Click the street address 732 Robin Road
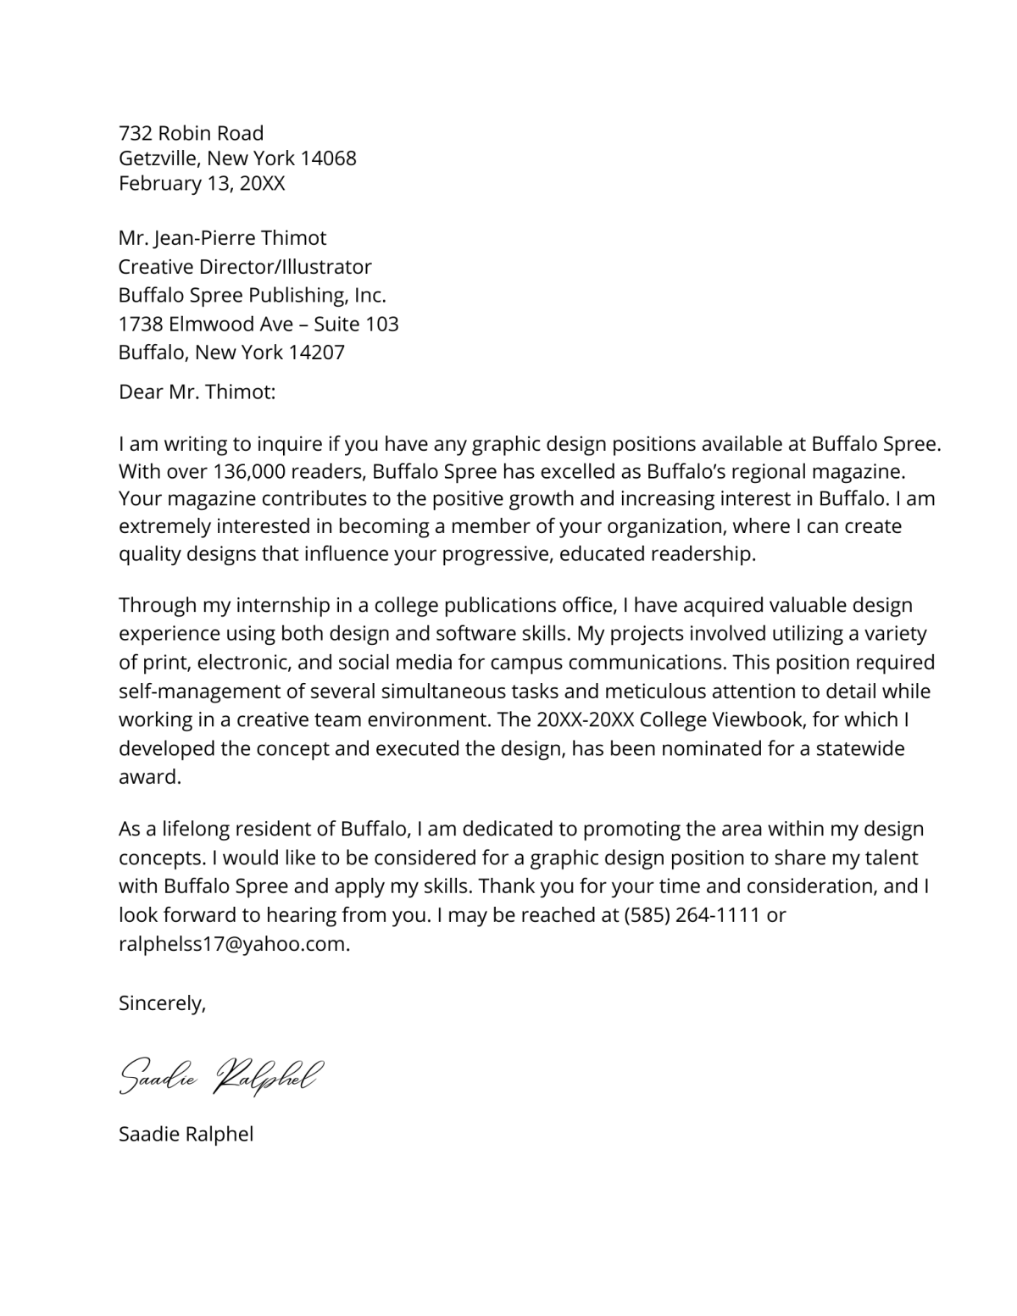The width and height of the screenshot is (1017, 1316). tap(191, 133)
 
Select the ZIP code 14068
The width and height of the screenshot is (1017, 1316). tap(328, 158)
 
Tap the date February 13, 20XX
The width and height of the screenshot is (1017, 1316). tap(202, 184)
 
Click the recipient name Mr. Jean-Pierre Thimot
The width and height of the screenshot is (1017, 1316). tap(222, 238)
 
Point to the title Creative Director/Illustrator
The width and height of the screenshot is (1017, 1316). tap(245, 267)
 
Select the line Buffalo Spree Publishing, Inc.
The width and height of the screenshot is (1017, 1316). tap(252, 296)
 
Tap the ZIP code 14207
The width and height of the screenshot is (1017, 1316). tap(316, 353)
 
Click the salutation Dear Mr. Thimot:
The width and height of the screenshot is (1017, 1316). tap(197, 392)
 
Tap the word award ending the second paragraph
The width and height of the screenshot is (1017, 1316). tap(148, 777)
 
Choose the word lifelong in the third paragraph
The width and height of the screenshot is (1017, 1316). tap(196, 830)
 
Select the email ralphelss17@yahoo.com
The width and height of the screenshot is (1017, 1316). tap(233, 945)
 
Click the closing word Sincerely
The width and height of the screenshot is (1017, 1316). tap(160, 1004)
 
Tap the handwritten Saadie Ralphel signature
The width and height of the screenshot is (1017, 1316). tap(220, 1076)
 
